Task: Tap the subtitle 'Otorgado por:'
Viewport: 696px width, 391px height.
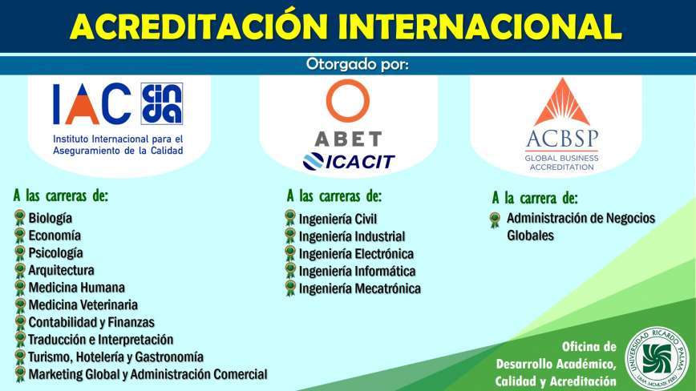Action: pyautogui.click(x=357, y=64)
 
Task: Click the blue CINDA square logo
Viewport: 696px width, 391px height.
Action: pyautogui.click(x=162, y=103)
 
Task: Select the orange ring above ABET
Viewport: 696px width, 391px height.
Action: pyautogui.click(x=347, y=101)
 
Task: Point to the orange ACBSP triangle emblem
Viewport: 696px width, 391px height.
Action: pyautogui.click(x=562, y=102)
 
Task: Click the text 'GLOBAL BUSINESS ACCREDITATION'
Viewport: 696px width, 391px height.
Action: pyautogui.click(x=561, y=163)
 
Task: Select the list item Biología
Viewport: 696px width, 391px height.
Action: pyautogui.click(x=51, y=218)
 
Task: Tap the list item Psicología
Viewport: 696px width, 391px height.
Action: pyautogui.click(x=55, y=252)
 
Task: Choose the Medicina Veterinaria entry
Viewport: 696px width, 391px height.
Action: pyautogui.click(x=83, y=305)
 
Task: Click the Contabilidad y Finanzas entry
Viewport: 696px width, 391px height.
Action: pyautogui.click(x=91, y=322)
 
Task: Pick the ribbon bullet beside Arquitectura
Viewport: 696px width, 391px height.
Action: pyautogui.click(x=20, y=270)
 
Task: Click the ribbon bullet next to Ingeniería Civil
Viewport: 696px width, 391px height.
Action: pyautogui.click(x=290, y=218)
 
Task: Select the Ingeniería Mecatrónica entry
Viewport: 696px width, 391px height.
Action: pyautogui.click(x=359, y=288)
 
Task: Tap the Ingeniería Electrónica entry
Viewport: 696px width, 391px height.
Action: pyautogui.click(x=356, y=254)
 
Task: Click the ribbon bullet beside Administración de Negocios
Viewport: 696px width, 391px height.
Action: pyautogui.click(x=495, y=220)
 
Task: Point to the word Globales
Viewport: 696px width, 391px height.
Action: pyautogui.click(x=531, y=236)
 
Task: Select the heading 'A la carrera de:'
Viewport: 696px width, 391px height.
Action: pyautogui.click(x=535, y=198)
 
